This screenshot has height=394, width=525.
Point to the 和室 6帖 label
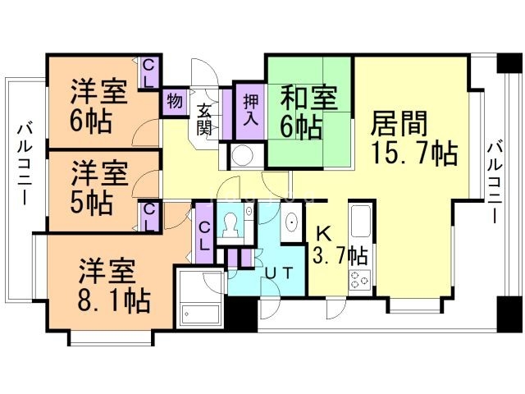click(x=308, y=111)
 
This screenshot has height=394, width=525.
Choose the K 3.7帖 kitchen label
click(x=339, y=245)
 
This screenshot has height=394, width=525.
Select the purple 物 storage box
click(x=174, y=99)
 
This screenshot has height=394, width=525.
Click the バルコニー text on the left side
click(x=24, y=164)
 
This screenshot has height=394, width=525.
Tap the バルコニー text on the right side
click(x=494, y=182)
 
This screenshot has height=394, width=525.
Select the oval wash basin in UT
click(x=290, y=224)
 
